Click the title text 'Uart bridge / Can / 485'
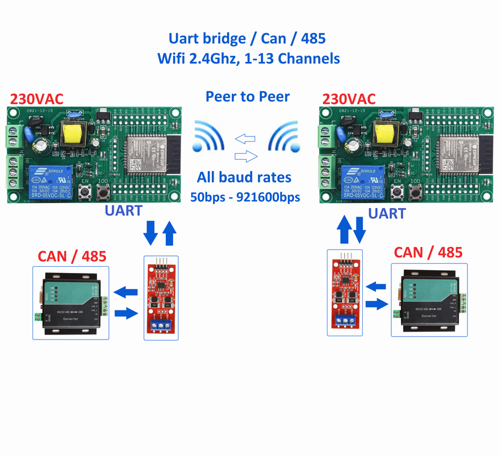(247, 39)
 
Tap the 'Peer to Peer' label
(247, 96)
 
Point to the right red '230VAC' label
(349, 98)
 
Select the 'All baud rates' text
(244, 177)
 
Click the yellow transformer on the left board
(72, 135)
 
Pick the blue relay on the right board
(359, 181)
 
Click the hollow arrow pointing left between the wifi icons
(245, 138)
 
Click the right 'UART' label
(387, 213)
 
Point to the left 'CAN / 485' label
(72, 256)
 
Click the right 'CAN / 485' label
(428, 252)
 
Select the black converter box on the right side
(429, 299)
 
